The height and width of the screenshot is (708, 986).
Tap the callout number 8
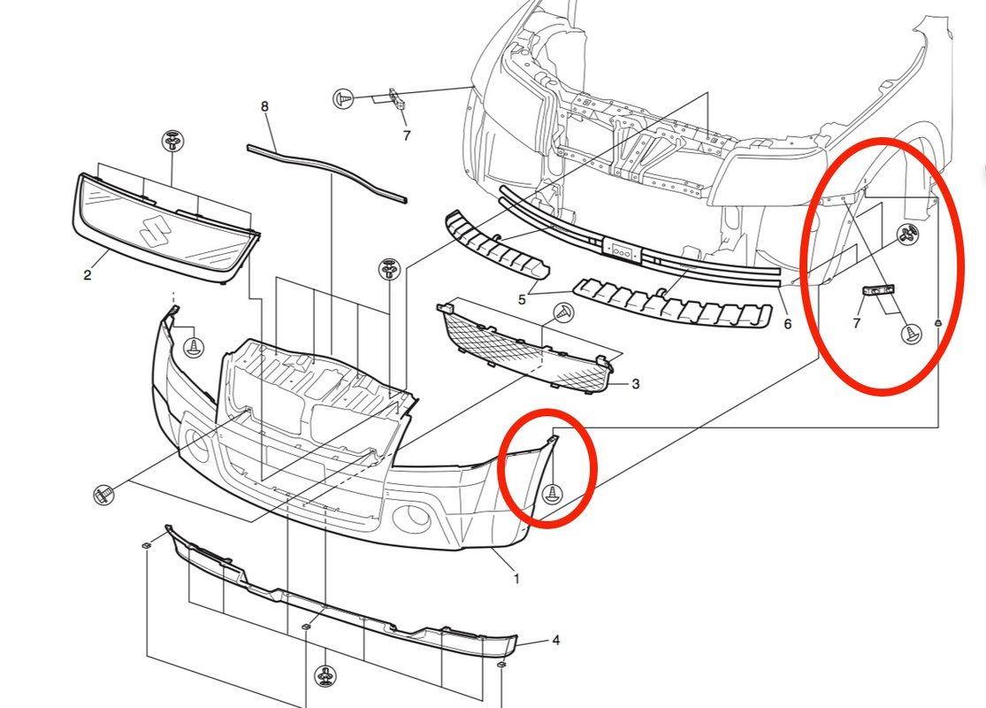pos(264,107)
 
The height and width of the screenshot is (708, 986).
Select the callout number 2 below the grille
pos(88,274)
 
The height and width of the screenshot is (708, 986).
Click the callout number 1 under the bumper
pos(516,578)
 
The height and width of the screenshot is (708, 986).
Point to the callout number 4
pos(556,640)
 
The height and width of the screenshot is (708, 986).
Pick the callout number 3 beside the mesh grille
pos(636,384)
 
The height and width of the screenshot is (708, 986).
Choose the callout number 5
pos(522,299)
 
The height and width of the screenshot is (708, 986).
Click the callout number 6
pos(787,324)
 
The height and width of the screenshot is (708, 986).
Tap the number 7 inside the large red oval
pos(857,324)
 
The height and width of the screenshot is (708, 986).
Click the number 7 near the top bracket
pos(407,135)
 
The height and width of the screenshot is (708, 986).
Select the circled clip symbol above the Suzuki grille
pos(172,141)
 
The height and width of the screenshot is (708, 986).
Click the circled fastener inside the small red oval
pos(552,494)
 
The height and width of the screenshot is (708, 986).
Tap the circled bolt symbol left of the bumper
pos(103,494)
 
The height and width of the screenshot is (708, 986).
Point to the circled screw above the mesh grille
pos(563,312)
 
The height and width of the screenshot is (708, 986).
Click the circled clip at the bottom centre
pos(325,676)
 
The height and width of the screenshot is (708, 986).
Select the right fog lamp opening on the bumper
pos(412,518)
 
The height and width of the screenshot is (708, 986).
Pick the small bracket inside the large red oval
pos(878,290)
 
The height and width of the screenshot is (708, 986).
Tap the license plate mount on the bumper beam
pos(622,250)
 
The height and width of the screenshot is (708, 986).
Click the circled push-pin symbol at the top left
pos(343,98)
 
